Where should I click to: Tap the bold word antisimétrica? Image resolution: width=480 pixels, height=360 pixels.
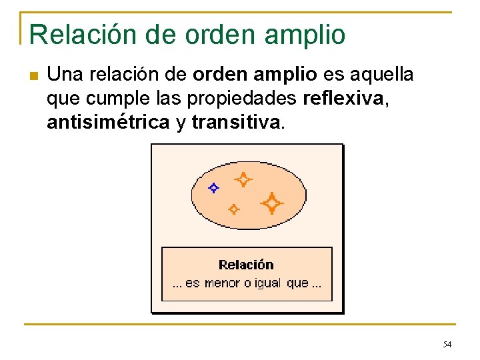[x=107, y=123]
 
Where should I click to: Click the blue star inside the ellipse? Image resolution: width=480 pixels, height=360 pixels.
[x=213, y=188]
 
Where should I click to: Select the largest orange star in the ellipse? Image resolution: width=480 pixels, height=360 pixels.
[x=271, y=203]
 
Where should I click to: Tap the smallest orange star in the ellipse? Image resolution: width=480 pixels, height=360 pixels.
[x=233, y=209]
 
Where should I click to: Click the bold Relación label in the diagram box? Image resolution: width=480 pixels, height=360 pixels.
[x=246, y=265]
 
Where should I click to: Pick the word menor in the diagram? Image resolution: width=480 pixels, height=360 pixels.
[x=222, y=283]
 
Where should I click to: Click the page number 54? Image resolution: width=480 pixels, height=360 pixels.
[x=447, y=344]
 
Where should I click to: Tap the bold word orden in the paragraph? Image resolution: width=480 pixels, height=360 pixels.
[x=217, y=75]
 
